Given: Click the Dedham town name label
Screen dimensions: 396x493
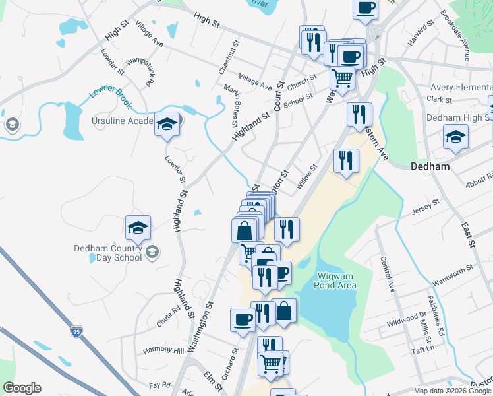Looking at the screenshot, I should (x=430, y=167).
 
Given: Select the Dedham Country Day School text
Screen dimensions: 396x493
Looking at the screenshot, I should (x=108, y=253).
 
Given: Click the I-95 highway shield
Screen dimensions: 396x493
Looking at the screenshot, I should (x=77, y=329).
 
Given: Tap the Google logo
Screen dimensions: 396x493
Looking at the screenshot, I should (x=22, y=388).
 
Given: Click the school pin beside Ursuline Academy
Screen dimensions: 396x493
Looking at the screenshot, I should (x=167, y=123).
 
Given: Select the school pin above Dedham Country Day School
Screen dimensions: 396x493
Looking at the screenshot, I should (x=138, y=228).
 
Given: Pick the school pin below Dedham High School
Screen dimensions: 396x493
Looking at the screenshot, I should (x=455, y=137).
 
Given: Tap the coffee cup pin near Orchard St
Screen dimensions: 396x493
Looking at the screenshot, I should (x=243, y=320).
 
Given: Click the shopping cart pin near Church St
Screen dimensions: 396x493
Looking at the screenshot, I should (x=342, y=78).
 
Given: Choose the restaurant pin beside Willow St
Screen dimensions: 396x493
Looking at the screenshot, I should (x=346, y=160).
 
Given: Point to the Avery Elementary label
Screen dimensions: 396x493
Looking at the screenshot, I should (x=461, y=87).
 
